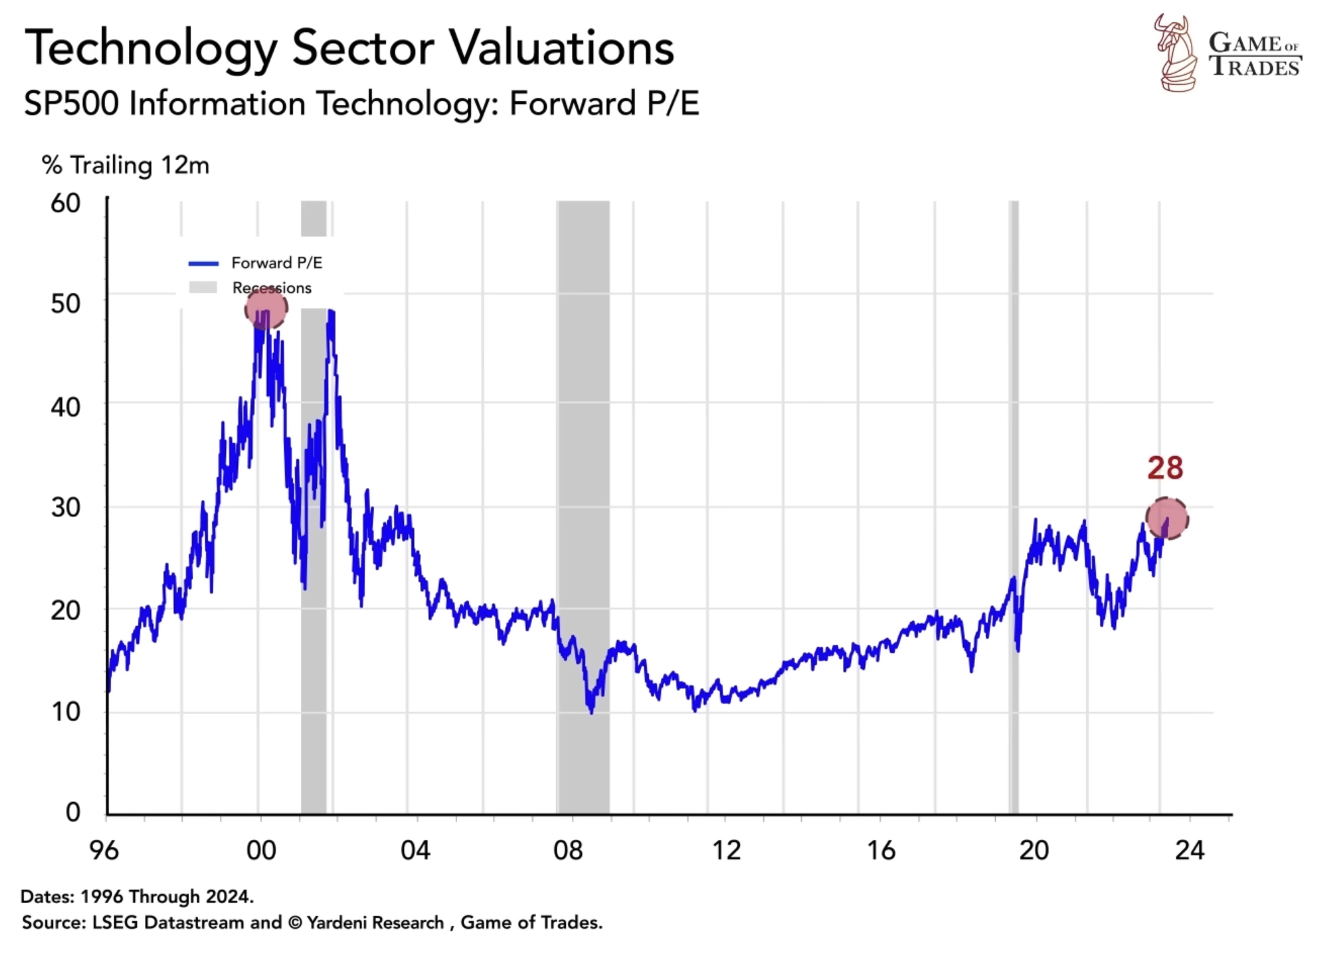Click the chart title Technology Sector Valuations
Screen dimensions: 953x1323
pos(349,49)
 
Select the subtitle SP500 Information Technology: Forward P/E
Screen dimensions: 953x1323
pos(361,104)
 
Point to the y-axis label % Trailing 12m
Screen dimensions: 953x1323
pos(125,166)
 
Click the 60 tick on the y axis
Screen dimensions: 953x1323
pos(65,203)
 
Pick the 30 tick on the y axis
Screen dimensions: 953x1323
pos(65,508)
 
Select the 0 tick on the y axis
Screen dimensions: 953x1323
pos(73,812)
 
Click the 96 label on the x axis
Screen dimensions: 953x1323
pos(104,851)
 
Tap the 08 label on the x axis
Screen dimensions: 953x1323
pos(568,851)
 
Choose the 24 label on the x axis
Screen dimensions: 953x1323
pos(1189,851)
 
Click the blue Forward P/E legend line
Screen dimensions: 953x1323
pos(203,264)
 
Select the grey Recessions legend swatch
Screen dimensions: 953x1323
pos(203,288)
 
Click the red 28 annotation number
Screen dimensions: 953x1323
pos(1165,468)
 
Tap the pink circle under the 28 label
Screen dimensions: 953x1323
pos(1167,518)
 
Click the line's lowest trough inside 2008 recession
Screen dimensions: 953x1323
pos(591,711)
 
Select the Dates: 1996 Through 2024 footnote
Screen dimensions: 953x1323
pos(137,896)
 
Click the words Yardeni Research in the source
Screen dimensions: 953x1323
pos(375,923)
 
